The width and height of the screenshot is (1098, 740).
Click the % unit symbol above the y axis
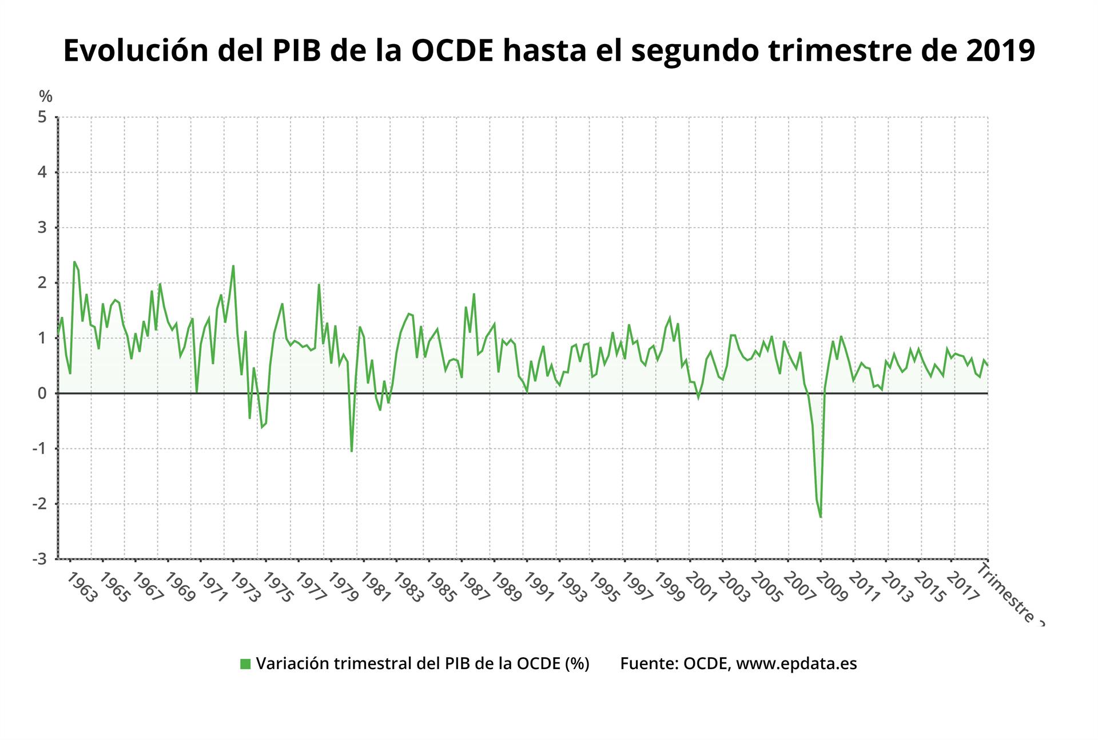[x=46, y=96]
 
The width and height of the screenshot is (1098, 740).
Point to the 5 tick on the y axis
[x=42, y=117]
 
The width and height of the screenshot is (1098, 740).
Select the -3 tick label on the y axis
[x=39, y=559]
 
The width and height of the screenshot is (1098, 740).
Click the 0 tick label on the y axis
[x=42, y=393]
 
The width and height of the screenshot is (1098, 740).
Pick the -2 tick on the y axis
[x=39, y=504]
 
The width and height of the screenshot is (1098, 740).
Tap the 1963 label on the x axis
[x=81, y=587]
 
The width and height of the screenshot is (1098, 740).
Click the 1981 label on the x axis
[x=376, y=587]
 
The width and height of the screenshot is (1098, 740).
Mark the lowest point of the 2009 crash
[x=821, y=517]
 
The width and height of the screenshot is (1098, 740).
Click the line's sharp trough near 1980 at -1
[x=351, y=451]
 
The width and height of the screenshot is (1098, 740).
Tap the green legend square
[x=245, y=664]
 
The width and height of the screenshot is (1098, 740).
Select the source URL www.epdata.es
[x=796, y=663]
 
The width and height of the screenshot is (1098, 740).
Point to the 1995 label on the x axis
[x=604, y=587]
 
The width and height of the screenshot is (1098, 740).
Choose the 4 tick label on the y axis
[x=42, y=173]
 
